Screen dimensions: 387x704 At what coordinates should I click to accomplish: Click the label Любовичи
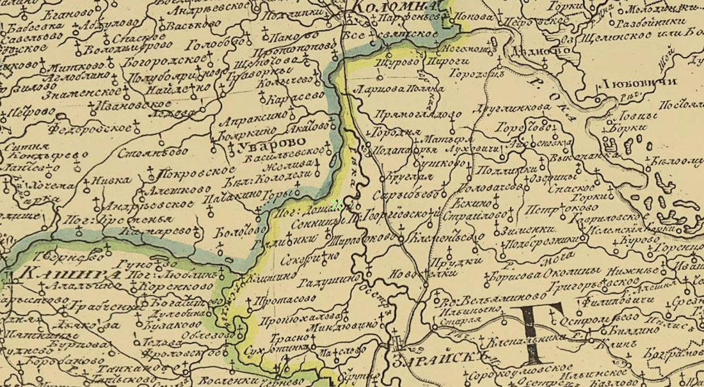coord(627,84)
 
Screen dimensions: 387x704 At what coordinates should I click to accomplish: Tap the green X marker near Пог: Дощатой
coord(337,205)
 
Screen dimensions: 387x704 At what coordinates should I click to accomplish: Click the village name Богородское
coord(157,61)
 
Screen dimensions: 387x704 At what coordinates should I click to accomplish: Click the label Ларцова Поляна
coord(399,88)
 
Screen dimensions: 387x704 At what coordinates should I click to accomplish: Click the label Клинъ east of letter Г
coord(607,344)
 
